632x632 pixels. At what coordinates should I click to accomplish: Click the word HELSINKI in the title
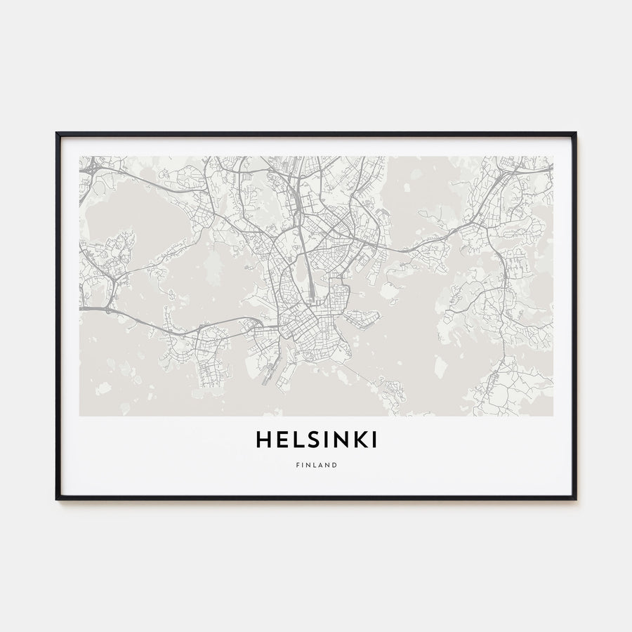click(316, 440)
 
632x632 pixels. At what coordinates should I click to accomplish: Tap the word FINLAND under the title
click(316, 465)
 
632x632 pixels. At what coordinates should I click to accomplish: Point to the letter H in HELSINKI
click(262, 440)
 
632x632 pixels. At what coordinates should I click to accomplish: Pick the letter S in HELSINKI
click(309, 440)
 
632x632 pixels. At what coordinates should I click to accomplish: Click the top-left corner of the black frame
click(57, 133)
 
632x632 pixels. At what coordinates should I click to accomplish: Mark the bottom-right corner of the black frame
click(575, 499)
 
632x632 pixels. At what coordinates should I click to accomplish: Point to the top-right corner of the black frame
click(575, 133)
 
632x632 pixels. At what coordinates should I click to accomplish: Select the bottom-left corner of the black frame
click(57, 499)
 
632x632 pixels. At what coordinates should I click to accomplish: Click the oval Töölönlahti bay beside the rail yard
click(301, 268)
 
